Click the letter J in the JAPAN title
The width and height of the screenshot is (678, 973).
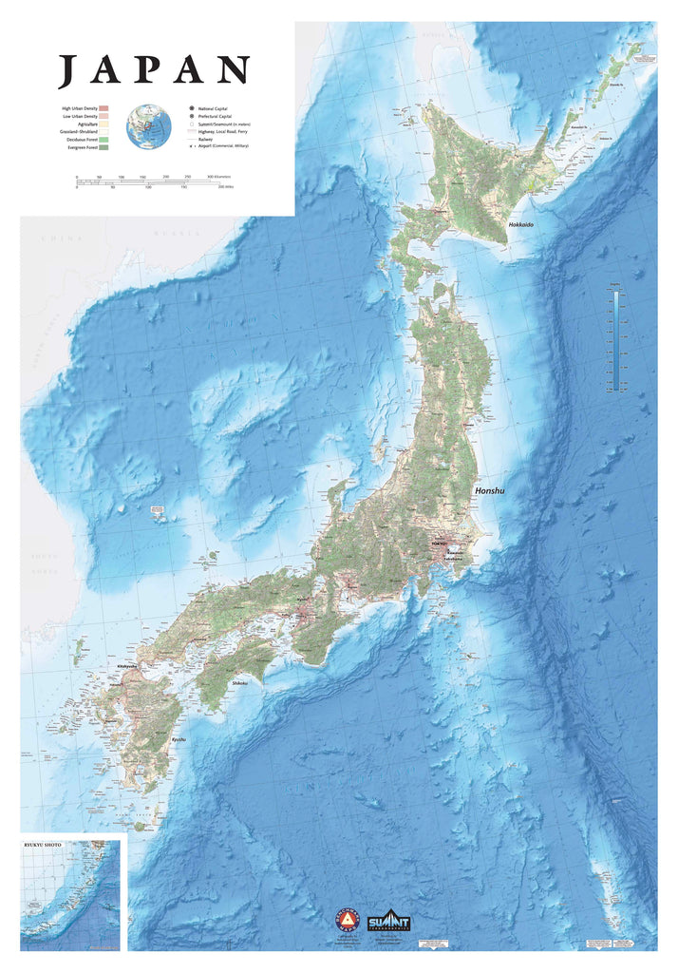click(x=67, y=71)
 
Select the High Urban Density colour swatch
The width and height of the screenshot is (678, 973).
click(x=105, y=109)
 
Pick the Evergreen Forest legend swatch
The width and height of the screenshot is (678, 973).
click(x=105, y=147)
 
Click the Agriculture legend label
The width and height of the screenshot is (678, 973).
click(x=85, y=124)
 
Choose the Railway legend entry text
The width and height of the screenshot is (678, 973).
click(x=204, y=140)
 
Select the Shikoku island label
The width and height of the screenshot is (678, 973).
click(x=239, y=682)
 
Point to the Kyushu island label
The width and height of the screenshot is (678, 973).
click(x=179, y=738)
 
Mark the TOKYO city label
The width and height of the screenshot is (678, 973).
click(x=438, y=544)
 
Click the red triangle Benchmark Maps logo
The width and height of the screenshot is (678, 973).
click(x=348, y=921)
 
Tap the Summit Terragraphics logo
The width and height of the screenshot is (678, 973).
click(x=389, y=920)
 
